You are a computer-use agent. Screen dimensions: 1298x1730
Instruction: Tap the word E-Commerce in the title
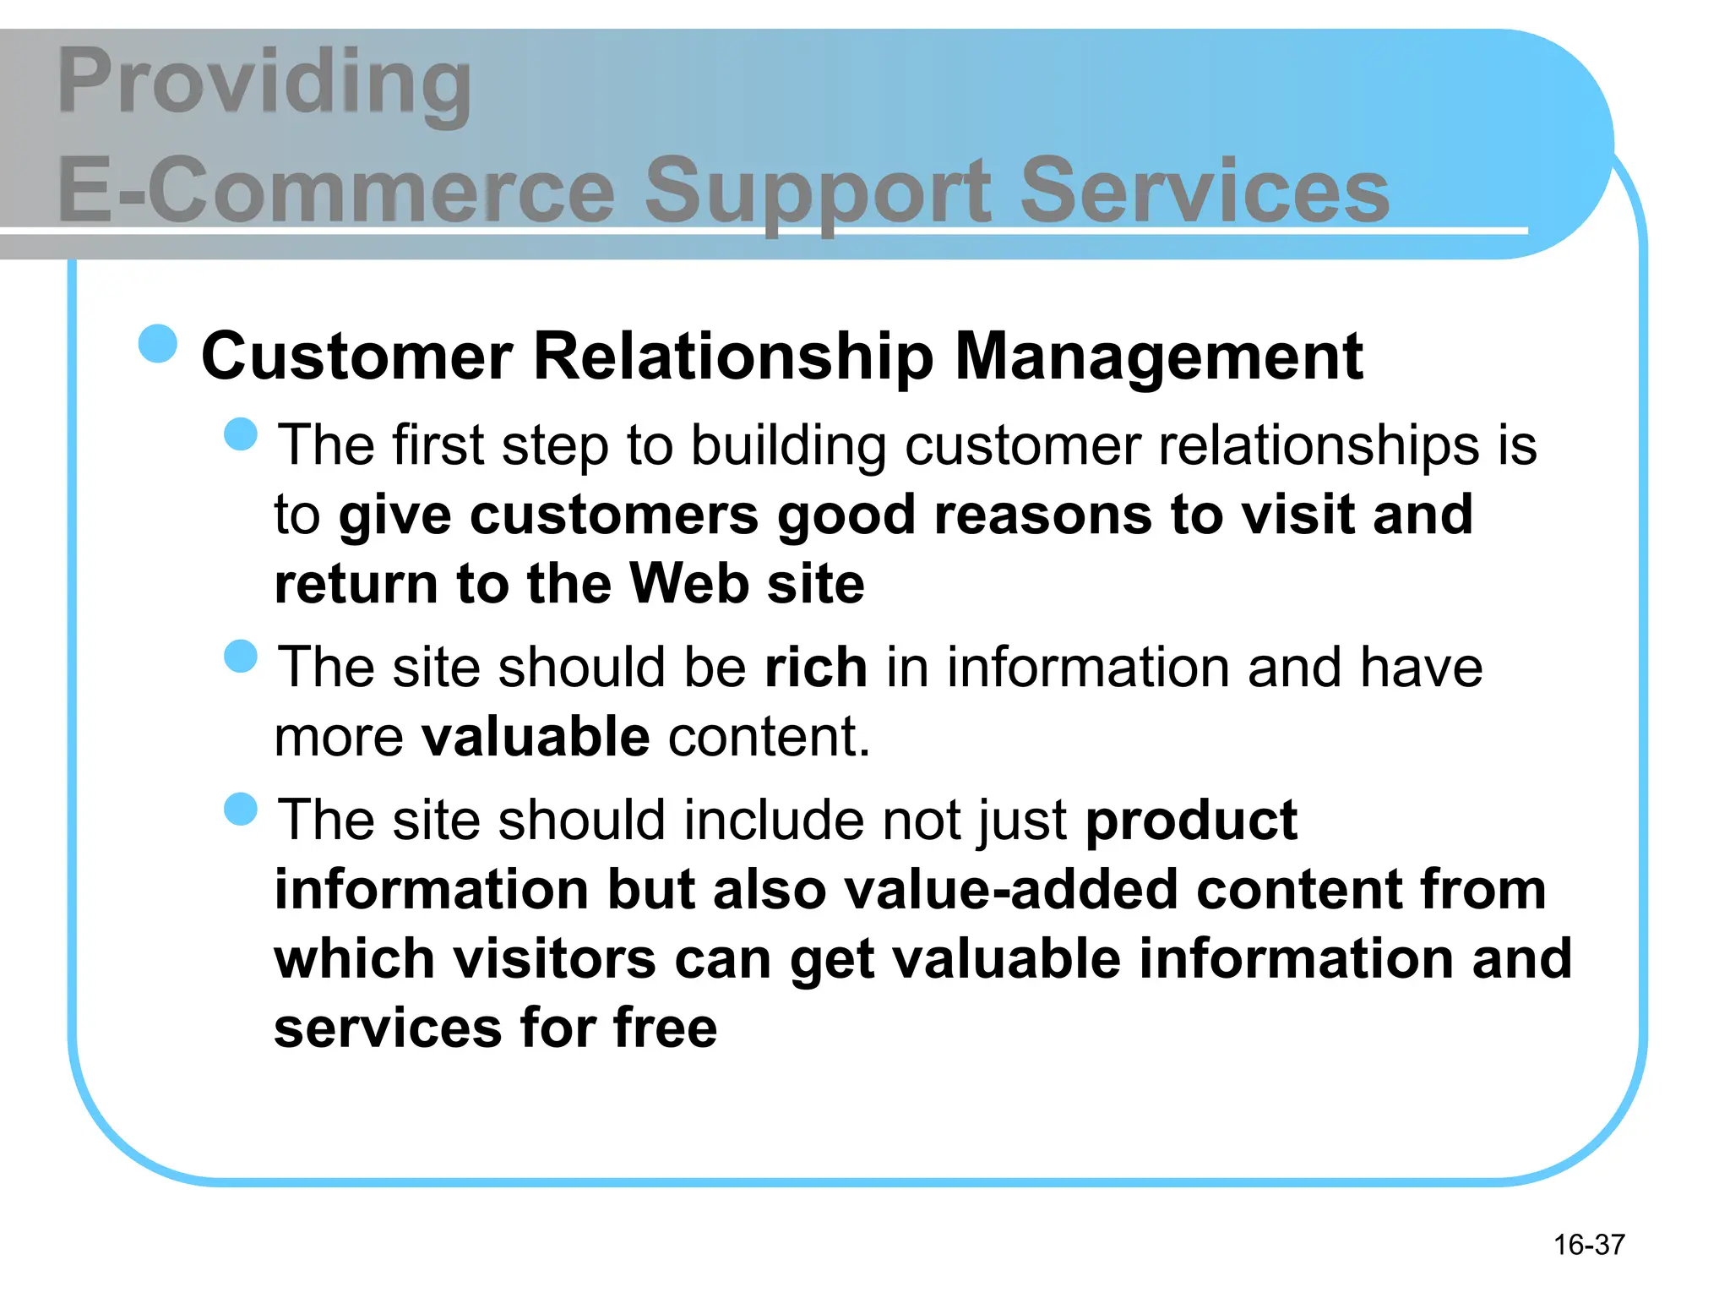tap(336, 191)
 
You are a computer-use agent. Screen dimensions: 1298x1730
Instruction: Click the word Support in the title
tap(818, 193)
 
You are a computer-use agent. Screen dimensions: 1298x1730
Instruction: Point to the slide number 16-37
tap(1589, 1245)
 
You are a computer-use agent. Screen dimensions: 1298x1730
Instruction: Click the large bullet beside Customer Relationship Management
tap(158, 344)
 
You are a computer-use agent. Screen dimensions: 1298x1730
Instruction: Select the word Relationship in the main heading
tap(733, 357)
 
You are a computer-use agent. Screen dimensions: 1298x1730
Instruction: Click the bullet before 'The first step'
tap(241, 434)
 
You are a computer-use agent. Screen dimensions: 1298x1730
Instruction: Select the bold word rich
tap(815, 668)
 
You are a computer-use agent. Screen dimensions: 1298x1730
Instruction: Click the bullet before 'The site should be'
tap(241, 656)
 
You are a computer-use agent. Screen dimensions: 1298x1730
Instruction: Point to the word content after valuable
tap(769, 737)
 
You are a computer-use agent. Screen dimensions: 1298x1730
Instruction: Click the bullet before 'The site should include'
tap(241, 809)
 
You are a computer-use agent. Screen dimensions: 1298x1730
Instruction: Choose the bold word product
tap(1191, 821)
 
